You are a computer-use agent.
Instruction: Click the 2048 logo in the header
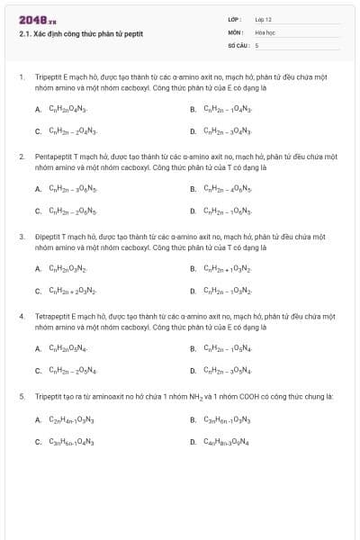[x=32, y=20]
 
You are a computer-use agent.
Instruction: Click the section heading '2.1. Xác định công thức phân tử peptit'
[x=80, y=34]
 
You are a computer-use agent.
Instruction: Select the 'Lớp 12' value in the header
[x=263, y=19]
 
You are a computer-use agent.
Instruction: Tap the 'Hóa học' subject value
[x=264, y=31]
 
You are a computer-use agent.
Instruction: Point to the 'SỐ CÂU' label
[x=238, y=44]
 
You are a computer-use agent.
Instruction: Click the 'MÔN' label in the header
[x=236, y=31]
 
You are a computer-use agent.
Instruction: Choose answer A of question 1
[x=67, y=110]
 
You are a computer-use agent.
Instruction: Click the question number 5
[x=22, y=396]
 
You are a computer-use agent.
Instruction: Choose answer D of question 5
[x=226, y=442]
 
